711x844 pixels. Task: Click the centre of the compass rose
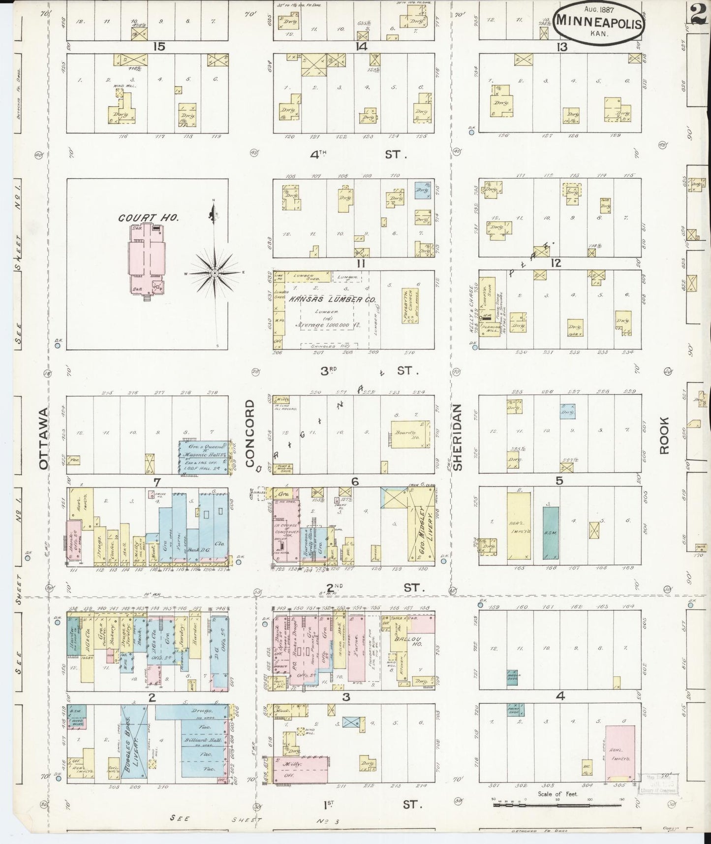tap(215, 272)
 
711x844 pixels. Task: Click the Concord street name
tap(250, 433)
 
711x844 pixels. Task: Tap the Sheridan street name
tap(458, 437)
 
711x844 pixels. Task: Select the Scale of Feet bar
tap(558, 804)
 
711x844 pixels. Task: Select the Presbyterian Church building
tap(410, 306)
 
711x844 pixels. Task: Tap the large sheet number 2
tap(699, 13)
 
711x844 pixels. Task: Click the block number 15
tap(158, 47)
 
